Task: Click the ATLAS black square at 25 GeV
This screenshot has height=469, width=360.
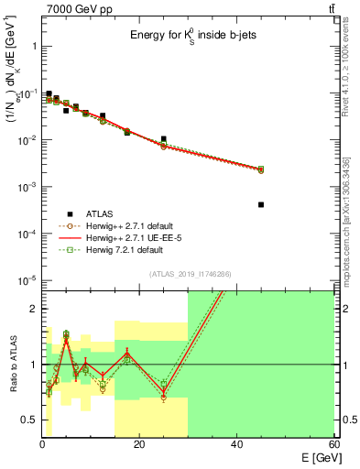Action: (164, 139)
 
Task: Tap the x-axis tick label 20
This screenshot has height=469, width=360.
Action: (139, 444)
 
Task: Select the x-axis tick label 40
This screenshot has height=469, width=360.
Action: (236, 444)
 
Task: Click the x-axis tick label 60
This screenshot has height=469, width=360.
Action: (333, 444)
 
